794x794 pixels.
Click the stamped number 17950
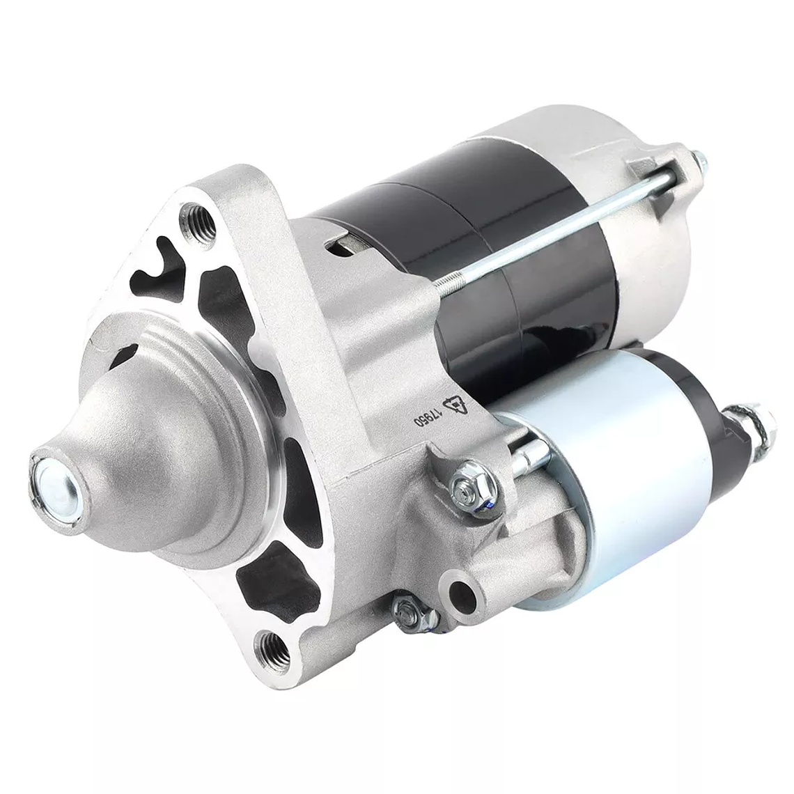click(x=426, y=414)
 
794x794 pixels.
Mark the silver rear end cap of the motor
click(x=648, y=230)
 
